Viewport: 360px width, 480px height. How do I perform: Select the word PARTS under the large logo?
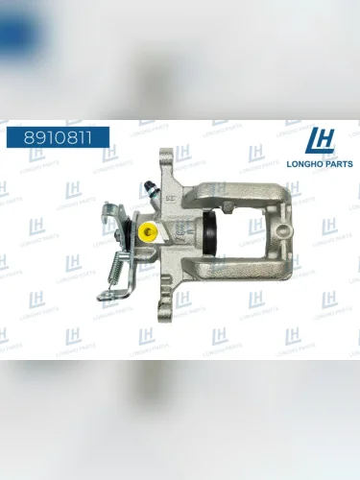[337, 164]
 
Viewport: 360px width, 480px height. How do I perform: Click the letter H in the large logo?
[327, 142]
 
